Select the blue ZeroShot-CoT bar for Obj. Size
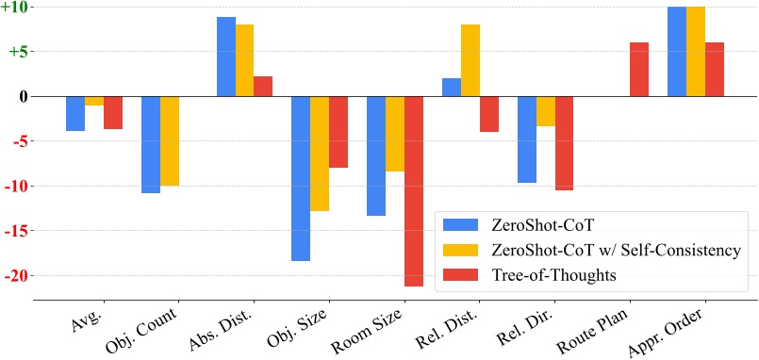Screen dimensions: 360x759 [x=301, y=178]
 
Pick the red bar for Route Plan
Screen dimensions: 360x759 [x=639, y=70]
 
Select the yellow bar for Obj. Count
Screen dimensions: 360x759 [x=170, y=141]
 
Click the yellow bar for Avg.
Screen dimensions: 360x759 [x=94, y=101]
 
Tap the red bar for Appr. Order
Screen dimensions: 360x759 [x=714, y=70]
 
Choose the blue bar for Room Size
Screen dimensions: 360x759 [x=376, y=155]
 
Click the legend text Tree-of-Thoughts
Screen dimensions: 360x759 [x=552, y=274]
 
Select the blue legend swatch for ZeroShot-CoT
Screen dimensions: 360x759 [x=462, y=224]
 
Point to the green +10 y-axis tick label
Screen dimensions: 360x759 [x=17, y=8]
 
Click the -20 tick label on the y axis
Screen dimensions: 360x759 [x=17, y=276]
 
